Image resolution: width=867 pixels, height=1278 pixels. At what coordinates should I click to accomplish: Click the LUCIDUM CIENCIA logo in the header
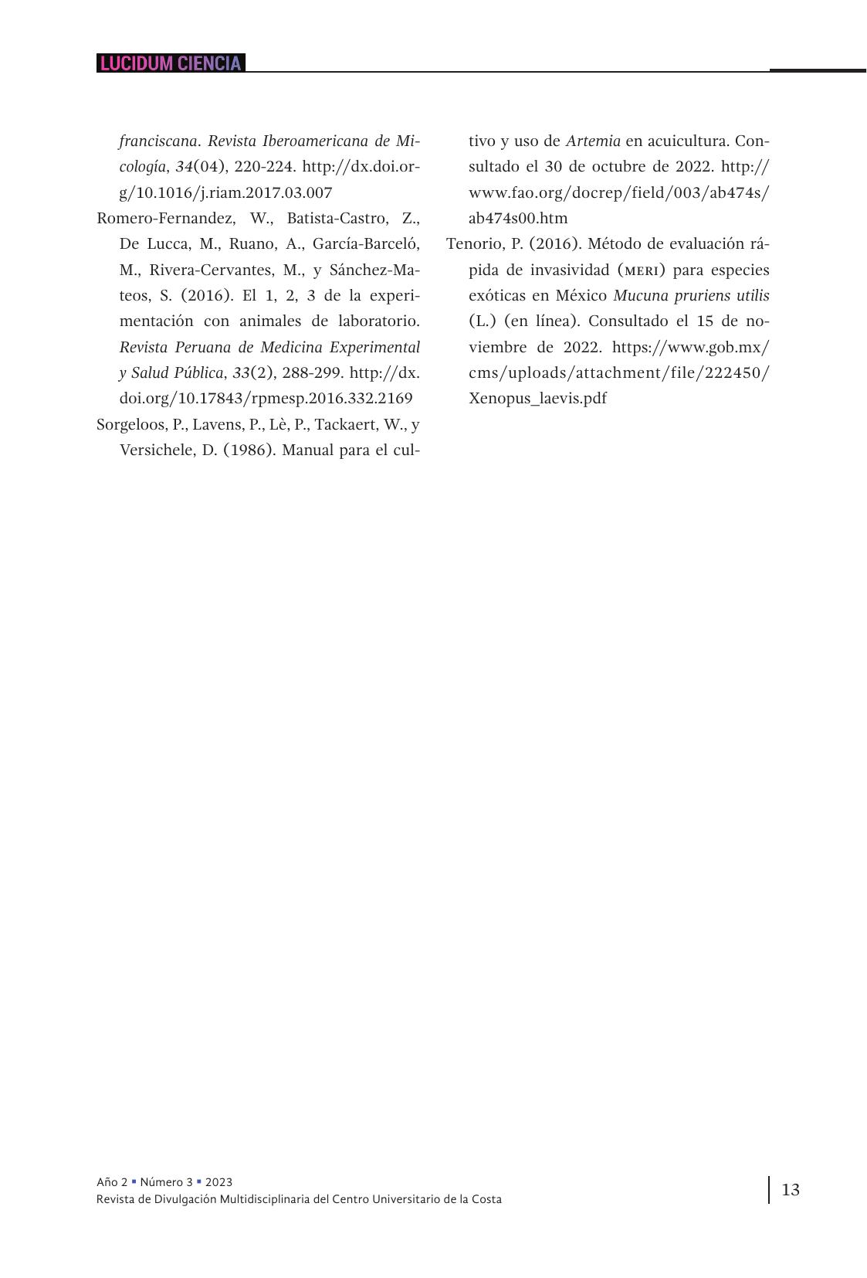coord(171,63)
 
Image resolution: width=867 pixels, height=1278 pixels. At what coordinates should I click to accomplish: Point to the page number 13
coord(791,1189)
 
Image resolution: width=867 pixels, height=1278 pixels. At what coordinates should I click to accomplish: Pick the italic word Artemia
coord(593,141)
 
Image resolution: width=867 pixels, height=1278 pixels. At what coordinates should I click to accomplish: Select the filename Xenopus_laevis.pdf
coord(537,399)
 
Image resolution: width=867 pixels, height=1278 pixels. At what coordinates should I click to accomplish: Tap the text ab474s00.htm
coord(518,219)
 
